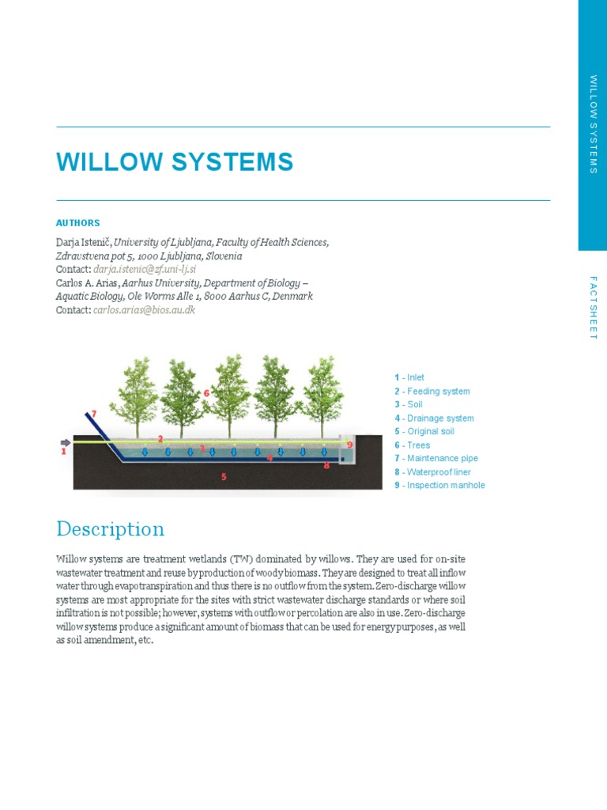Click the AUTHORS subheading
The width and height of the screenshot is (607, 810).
pyautogui.click(x=77, y=223)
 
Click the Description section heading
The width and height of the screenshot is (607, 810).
pyautogui.click(x=110, y=528)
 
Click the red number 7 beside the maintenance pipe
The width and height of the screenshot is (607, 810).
pyautogui.click(x=93, y=414)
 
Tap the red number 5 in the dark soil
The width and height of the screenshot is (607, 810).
pyautogui.click(x=224, y=477)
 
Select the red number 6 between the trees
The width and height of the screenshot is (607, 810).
pyautogui.click(x=206, y=392)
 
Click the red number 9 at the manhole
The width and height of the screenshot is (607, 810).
pyautogui.click(x=349, y=445)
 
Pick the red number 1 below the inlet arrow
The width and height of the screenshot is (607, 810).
pyautogui.click(x=63, y=452)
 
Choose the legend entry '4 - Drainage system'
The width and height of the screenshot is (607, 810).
pyautogui.click(x=434, y=418)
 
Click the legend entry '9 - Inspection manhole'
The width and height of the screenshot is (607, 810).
pyautogui.click(x=439, y=486)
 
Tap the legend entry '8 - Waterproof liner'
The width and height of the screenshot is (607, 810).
pyautogui.click(x=432, y=472)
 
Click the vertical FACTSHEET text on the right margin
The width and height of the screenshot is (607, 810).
pyautogui.click(x=594, y=308)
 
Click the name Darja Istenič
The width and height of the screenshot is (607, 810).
pyautogui.click(x=83, y=242)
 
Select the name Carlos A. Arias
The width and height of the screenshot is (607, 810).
pyautogui.click(x=87, y=283)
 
